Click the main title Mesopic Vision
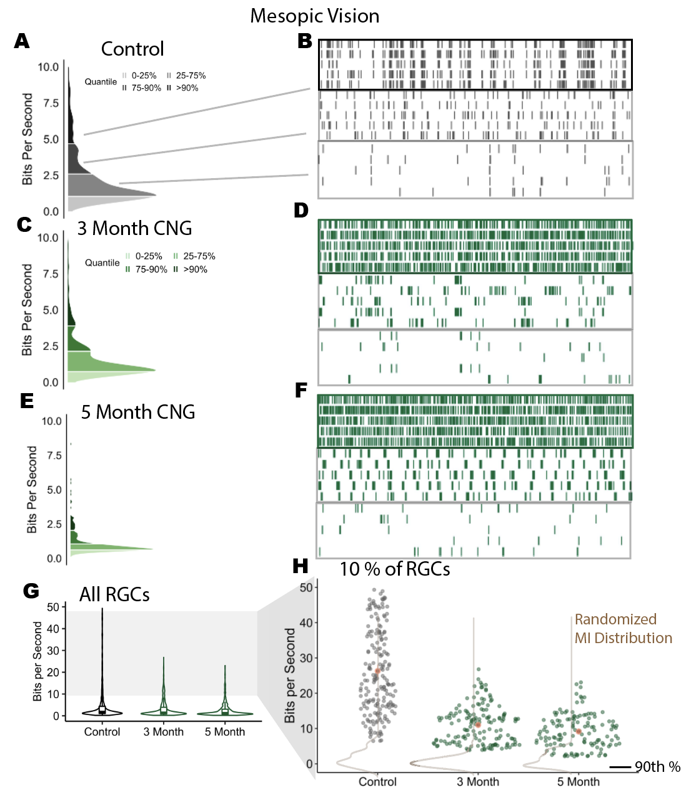pyautogui.click(x=314, y=16)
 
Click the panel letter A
pyautogui.click(x=22, y=41)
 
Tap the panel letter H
pyautogui.click(x=301, y=566)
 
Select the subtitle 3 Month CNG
pyautogui.click(x=134, y=229)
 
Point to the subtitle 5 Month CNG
pyautogui.click(x=138, y=412)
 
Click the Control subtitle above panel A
pyautogui.click(x=132, y=49)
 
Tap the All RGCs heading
pyautogui.click(x=114, y=594)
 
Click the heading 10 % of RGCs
pyautogui.click(x=394, y=569)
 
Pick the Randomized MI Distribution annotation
pyautogui.click(x=623, y=629)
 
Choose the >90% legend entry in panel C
pyautogui.click(x=195, y=269)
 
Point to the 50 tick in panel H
pyautogui.click(x=306, y=587)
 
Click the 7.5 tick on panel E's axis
pyautogui.click(x=54, y=456)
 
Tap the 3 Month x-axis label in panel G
pyautogui.click(x=164, y=732)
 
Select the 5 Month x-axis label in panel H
pyautogui.click(x=578, y=782)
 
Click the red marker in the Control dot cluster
pyautogui.click(x=377, y=671)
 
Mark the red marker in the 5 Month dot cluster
pyautogui.click(x=579, y=731)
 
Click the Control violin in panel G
pyautogui.click(x=102, y=709)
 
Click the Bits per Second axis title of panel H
pyautogui.click(x=290, y=676)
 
